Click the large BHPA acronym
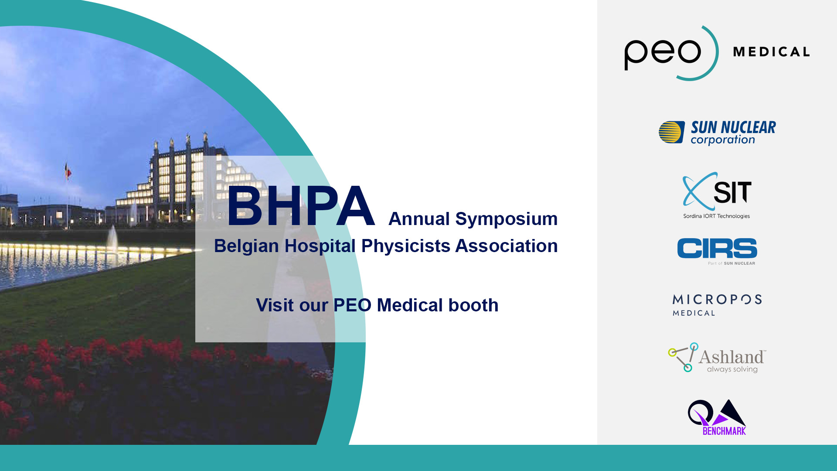pos(301,205)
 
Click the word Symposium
pos(506,219)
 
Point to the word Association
pos(507,246)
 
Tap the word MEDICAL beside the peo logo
pos(771,52)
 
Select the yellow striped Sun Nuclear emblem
pos(671,132)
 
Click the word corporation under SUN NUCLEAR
pos(722,140)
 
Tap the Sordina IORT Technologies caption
pos(716,216)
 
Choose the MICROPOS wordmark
pos(717,299)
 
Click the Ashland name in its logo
pos(732,357)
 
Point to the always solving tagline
pos(732,369)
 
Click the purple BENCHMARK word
pos(724,431)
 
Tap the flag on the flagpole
pos(68,171)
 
